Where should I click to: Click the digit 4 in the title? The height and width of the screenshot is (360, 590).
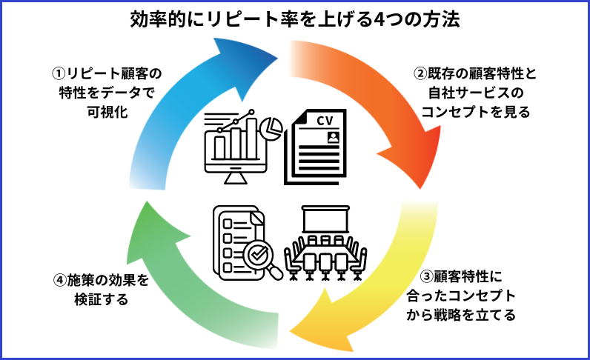[x=385, y=19]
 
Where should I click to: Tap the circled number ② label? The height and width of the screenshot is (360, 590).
[x=420, y=74]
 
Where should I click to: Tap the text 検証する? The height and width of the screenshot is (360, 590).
[x=102, y=300]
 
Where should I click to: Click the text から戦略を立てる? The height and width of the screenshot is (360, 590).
[x=472, y=314]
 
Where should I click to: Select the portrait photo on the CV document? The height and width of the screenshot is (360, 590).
[x=333, y=137]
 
